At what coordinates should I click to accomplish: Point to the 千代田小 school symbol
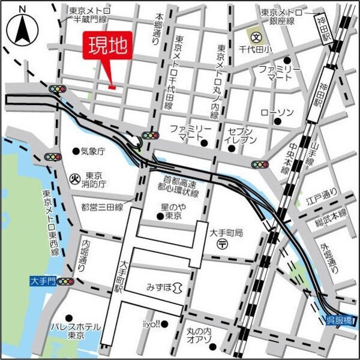[256, 36]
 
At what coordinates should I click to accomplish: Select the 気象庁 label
[92, 151]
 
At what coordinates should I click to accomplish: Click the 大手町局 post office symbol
[222, 243]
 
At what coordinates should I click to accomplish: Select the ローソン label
[277, 113]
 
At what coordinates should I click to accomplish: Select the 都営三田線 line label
[102, 206]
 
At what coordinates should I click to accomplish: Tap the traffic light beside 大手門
[64, 281]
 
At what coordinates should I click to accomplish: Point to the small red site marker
[112, 88]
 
